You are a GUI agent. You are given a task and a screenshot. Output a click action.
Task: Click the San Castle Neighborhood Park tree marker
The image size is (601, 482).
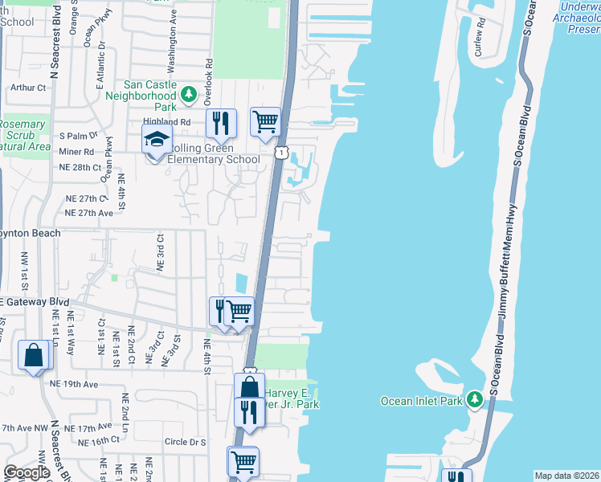[189, 96]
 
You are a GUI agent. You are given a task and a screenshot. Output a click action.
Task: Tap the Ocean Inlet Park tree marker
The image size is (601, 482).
[476, 399]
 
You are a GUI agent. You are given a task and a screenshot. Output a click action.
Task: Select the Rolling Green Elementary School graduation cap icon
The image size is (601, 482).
[157, 140]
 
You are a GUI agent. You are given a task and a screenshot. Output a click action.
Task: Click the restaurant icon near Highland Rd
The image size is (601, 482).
[221, 123]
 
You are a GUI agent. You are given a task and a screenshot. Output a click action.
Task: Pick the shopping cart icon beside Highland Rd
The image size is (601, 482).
[265, 122]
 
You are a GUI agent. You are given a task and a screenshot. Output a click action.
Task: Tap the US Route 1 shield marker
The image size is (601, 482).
[280, 152]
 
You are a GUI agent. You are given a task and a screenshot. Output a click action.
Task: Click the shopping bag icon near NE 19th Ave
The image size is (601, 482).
[35, 355]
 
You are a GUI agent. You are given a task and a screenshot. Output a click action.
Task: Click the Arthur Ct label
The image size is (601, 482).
[30, 88]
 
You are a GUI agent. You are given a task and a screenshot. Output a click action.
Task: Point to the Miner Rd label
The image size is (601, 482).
[76, 151]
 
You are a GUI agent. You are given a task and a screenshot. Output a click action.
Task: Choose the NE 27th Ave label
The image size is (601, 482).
[89, 213]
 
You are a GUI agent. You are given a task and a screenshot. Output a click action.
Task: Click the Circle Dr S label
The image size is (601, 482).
[185, 442]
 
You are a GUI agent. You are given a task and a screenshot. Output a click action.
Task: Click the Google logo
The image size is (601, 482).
[26, 472]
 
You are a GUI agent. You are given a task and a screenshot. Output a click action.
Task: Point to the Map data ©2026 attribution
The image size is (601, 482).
[566, 476]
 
